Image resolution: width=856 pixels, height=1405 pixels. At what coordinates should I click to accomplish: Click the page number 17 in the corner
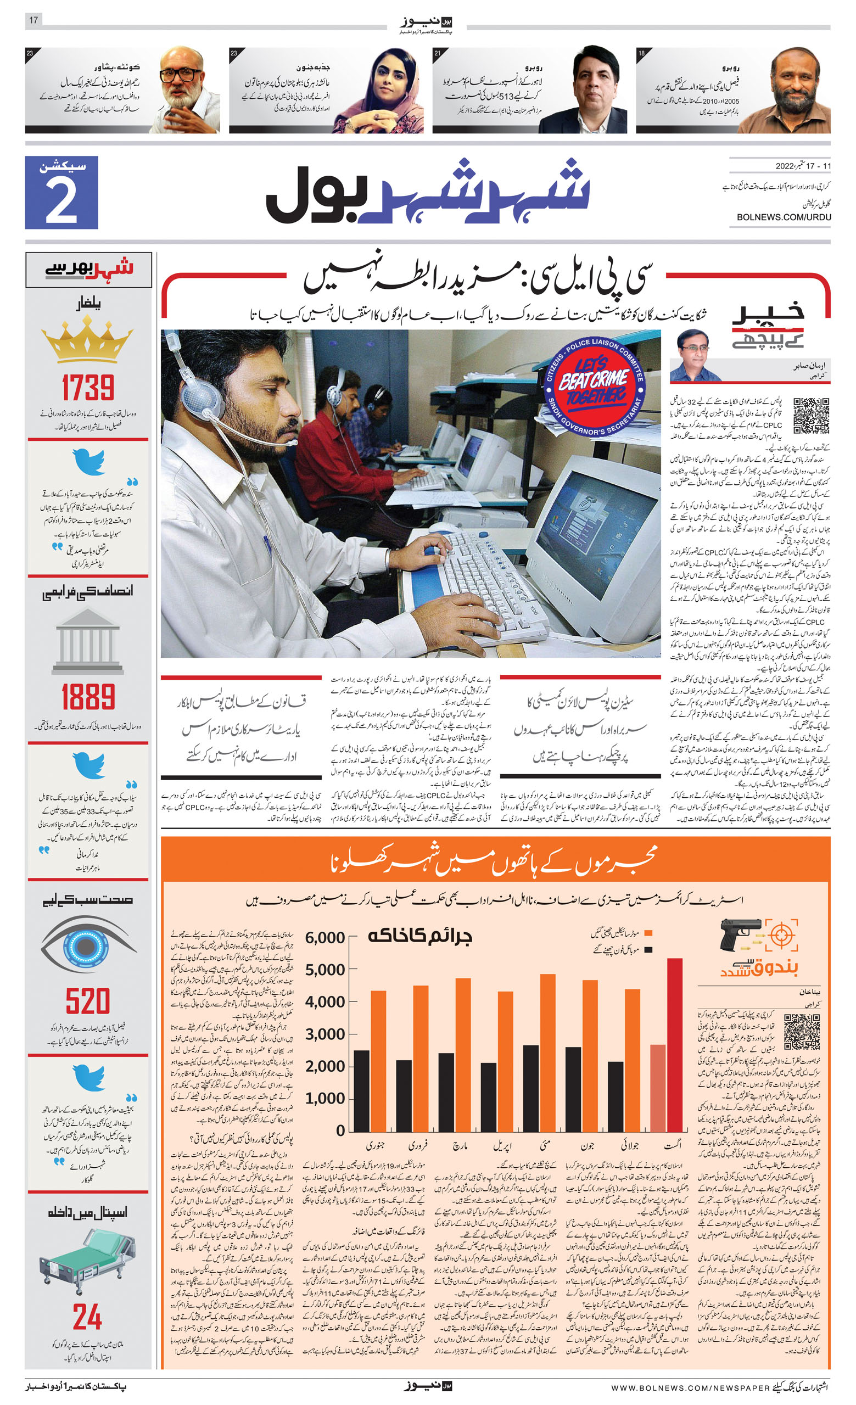click(33, 20)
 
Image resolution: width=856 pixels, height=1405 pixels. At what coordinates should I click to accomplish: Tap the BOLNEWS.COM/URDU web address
click(783, 217)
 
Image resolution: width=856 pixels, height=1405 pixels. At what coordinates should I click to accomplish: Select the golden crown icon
click(87, 340)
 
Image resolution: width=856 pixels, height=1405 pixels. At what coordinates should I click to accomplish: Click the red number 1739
click(88, 388)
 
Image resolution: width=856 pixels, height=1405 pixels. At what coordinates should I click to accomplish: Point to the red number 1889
click(88, 697)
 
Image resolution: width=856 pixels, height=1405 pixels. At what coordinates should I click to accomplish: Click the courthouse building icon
click(87, 641)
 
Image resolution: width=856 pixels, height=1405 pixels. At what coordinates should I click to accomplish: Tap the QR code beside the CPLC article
click(810, 416)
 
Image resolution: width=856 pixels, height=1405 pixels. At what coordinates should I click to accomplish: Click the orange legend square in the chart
click(647, 933)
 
